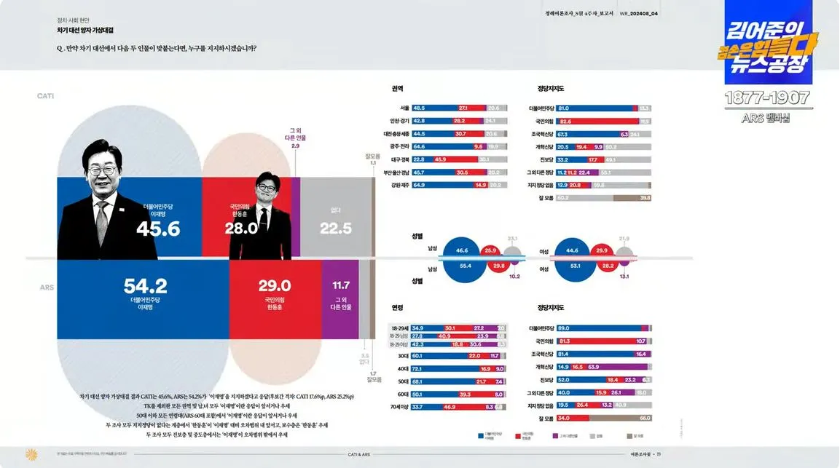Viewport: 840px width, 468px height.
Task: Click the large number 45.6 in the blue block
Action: click(x=158, y=229)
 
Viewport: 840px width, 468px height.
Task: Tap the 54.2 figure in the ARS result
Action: click(x=145, y=285)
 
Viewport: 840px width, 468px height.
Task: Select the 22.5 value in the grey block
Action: click(x=336, y=229)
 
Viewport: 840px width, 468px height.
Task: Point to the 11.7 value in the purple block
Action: click(x=341, y=285)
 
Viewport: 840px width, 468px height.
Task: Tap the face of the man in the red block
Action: click(x=260, y=194)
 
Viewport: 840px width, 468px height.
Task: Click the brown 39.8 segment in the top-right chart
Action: click(x=631, y=197)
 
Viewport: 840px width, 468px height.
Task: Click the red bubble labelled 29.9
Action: click(x=602, y=250)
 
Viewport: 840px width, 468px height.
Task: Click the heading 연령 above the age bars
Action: click(x=397, y=308)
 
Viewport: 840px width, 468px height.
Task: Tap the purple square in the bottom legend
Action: click(x=555, y=436)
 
